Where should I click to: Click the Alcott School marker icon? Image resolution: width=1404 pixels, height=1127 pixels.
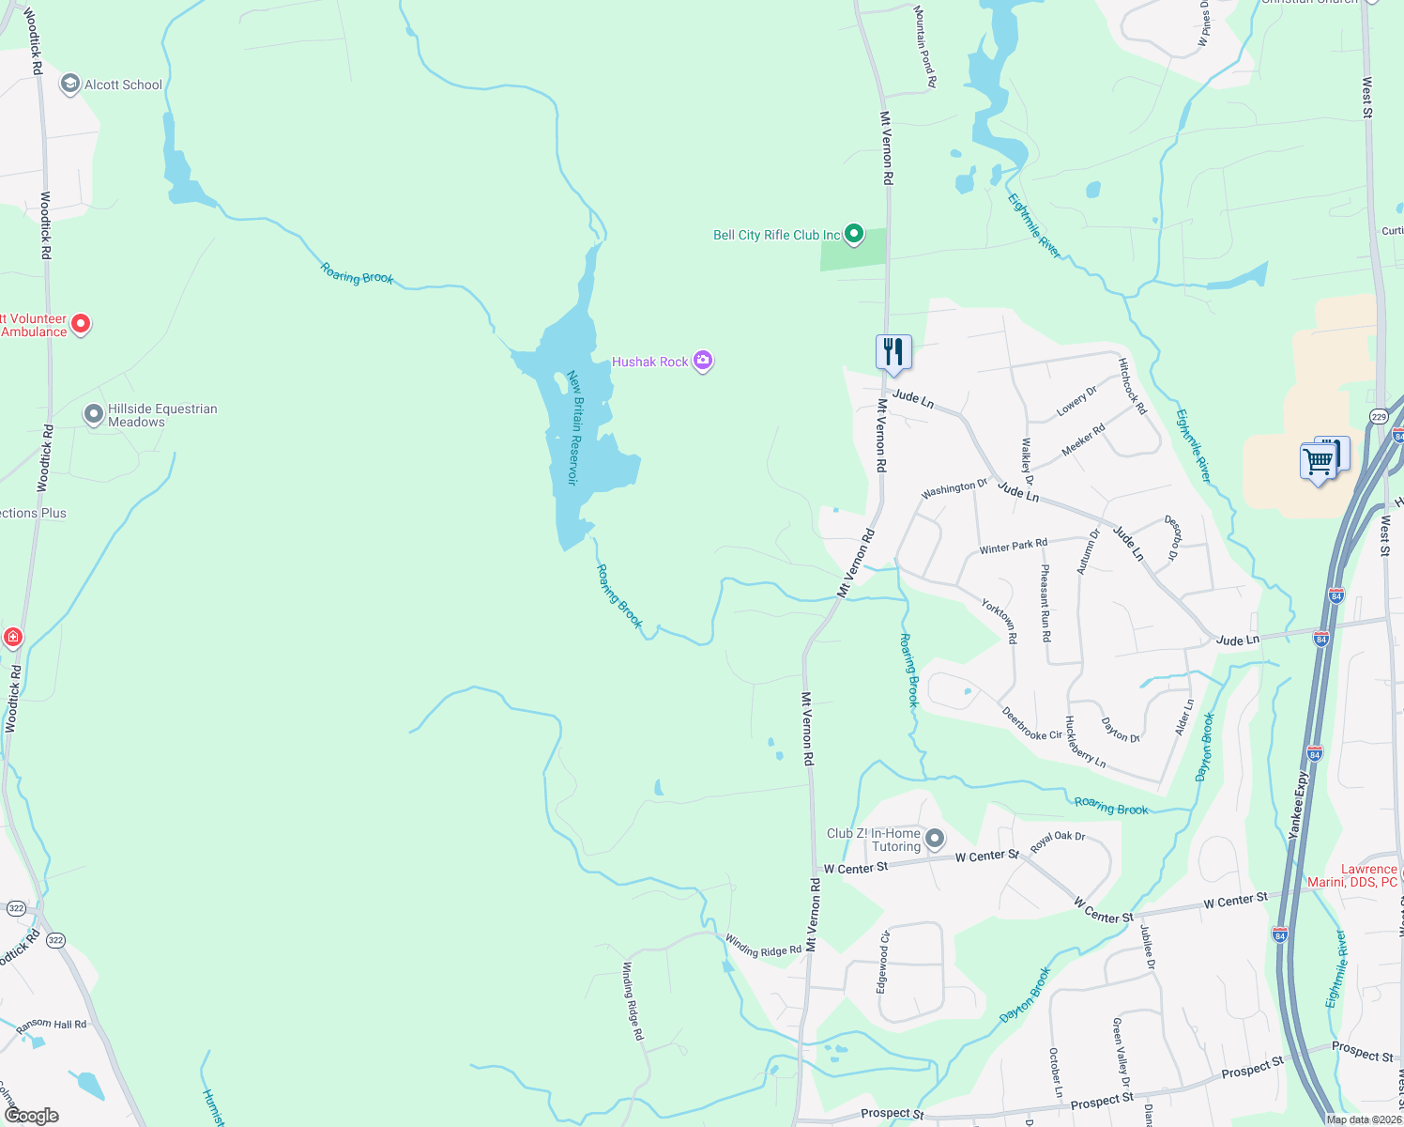(69, 85)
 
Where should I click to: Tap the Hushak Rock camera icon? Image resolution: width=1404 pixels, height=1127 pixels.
(702, 361)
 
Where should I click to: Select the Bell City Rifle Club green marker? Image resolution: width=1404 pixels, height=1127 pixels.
(853, 234)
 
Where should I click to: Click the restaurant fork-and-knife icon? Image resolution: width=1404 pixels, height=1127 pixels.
(893, 353)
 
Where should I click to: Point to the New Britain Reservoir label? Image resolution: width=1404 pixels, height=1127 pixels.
(575, 427)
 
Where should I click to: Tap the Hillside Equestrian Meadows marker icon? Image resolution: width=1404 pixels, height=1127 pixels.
(93, 414)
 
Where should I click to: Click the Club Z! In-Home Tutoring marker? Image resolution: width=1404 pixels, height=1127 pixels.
(934, 838)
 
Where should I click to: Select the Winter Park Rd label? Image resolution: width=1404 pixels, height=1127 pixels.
(1013, 546)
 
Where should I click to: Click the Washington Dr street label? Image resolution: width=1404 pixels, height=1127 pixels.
(954, 488)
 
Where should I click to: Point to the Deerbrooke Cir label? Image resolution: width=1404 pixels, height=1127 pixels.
(1031, 723)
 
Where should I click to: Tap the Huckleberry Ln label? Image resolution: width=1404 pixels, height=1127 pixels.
(1085, 743)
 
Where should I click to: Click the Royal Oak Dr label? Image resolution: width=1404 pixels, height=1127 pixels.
(1058, 841)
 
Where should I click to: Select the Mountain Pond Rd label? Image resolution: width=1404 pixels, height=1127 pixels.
(925, 46)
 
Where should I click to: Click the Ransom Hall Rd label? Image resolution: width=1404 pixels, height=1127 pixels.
(52, 1025)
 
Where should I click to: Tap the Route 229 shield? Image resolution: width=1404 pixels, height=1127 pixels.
(1378, 416)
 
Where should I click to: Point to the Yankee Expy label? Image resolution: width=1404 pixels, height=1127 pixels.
(1299, 805)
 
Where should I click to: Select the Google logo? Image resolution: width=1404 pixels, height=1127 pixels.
(32, 1115)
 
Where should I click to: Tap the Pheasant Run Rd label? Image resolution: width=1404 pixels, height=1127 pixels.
(1045, 603)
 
